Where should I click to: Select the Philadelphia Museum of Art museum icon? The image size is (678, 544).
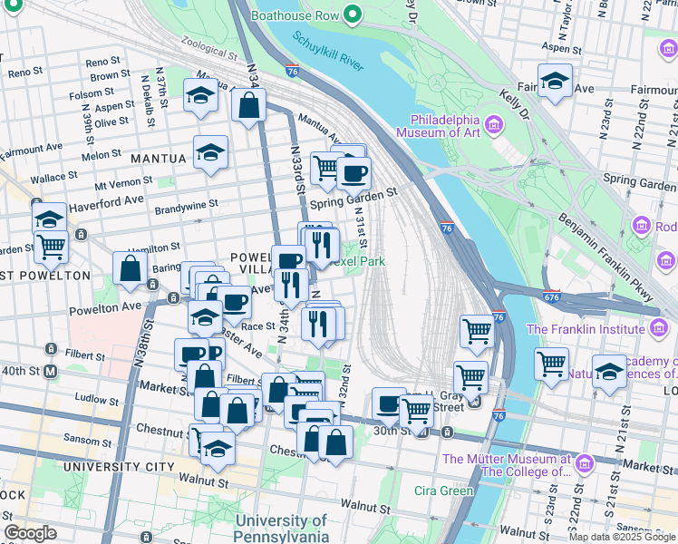click(494, 122)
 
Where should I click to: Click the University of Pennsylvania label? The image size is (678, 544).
click(281, 529)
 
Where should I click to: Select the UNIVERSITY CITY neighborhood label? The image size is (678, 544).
click(118, 466)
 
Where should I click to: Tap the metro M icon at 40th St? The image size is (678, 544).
click(52, 371)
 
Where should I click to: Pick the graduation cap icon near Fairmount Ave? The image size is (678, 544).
click(555, 82)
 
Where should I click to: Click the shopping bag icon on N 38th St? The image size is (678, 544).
click(131, 269)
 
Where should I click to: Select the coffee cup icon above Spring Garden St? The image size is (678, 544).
click(354, 171)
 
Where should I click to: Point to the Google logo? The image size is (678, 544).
click(31, 533)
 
